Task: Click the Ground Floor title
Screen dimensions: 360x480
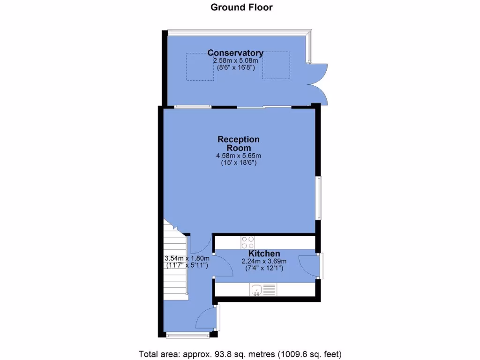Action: (x=241, y=7)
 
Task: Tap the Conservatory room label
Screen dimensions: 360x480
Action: (x=235, y=53)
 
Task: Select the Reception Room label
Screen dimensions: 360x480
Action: (x=238, y=143)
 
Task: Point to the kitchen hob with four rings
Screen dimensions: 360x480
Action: (x=248, y=242)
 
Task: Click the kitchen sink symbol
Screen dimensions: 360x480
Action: (x=256, y=290)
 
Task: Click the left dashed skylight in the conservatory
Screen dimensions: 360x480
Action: (x=201, y=66)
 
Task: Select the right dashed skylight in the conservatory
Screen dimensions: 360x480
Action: (x=276, y=66)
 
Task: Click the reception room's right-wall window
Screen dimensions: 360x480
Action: (x=319, y=198)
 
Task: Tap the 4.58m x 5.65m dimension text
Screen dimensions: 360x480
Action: (x=238, y=156)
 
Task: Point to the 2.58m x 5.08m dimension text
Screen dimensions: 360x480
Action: (x=235, y=61)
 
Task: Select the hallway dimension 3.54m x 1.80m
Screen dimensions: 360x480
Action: (x=187, y=258)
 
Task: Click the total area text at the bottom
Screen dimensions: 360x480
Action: (x=240, y=353)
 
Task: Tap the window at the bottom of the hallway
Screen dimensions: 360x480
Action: (x=188, y=335)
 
